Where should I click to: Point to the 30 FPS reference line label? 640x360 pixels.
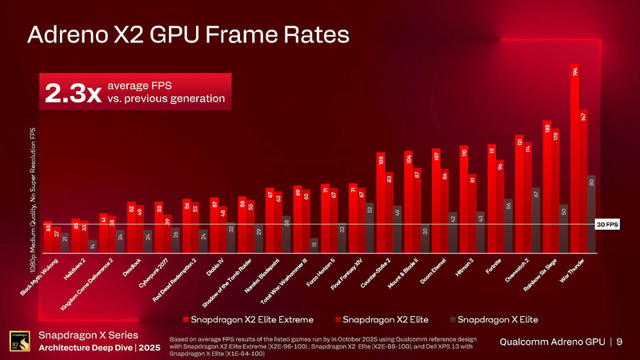coord(608,225)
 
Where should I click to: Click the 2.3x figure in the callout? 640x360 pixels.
coord(73,93)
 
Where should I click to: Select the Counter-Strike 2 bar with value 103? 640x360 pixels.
coord(381,200)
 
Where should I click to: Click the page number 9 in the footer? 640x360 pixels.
coord(619,342)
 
